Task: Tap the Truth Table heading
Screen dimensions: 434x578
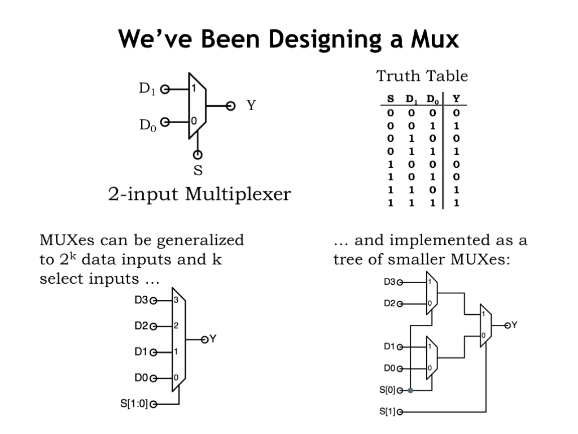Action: point(422,76)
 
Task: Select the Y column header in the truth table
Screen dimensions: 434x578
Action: point(456,99)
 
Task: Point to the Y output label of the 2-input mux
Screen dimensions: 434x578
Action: point(251,105)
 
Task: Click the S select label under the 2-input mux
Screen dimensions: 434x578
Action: point(198,170)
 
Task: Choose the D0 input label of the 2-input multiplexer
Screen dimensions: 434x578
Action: point(147,124)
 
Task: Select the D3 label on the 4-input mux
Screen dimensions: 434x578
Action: point(141,301)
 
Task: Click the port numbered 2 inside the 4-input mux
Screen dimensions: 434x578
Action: point(176,326)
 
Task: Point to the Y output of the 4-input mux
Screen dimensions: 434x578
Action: point(213,339)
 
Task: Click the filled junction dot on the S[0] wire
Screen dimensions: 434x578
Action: point(410,390)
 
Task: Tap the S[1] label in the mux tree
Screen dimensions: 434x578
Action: point(387,411)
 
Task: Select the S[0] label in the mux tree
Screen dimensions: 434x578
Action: point(387,390)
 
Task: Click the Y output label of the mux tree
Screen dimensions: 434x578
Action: point(514,325)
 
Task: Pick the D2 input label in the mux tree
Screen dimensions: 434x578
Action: point(389,303)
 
